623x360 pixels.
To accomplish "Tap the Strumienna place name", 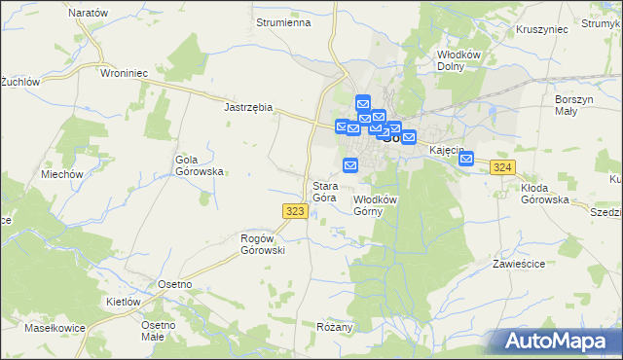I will click(x=281, y=20).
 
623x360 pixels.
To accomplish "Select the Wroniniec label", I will click(x=124, y=72).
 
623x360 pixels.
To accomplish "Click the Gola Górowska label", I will click(x=199, y=165).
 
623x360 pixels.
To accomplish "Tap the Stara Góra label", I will click(x=324, y=192).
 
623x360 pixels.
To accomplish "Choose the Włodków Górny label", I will click(x=375, y=204).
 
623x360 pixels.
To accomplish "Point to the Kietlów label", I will click(x=124, y=302).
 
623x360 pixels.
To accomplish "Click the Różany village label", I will click(x=334, y=327).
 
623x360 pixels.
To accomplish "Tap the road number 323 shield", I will click(x=297, y=210).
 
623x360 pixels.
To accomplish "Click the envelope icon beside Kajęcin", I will click(x=466, y=160).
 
